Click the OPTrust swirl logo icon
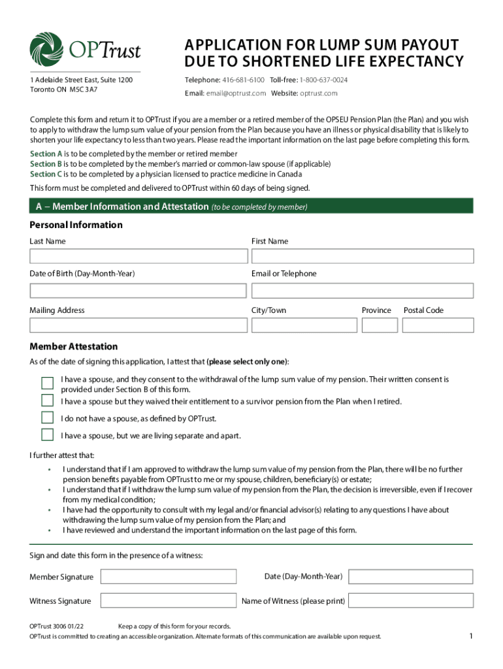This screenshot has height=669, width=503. coord(47,50)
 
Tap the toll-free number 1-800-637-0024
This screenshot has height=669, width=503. coord(323,80)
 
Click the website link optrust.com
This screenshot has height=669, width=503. coord(319,93)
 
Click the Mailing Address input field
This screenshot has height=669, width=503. coord(138,325)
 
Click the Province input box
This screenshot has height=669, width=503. coord(380,325)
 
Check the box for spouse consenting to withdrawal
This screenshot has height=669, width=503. coord(48,383)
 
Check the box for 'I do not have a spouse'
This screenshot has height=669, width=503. coord(48,417)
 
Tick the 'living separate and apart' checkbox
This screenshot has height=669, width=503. coord(48,435)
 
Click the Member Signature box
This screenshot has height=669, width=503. coord(168,576)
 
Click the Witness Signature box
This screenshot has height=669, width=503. coord(168,600)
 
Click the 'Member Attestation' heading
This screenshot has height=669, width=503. coord(74,346)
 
